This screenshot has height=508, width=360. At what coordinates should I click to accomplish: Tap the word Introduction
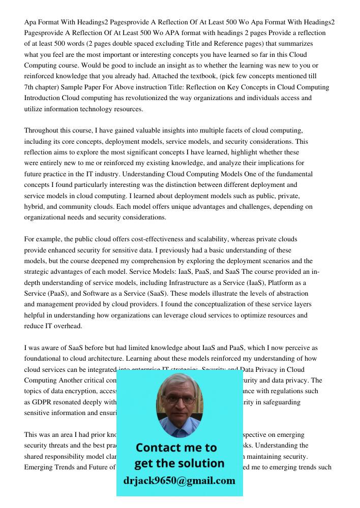click(43, 98)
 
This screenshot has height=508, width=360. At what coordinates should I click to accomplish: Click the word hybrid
click(35, 207)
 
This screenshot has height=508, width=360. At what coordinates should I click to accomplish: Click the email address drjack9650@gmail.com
click(179, 481)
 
